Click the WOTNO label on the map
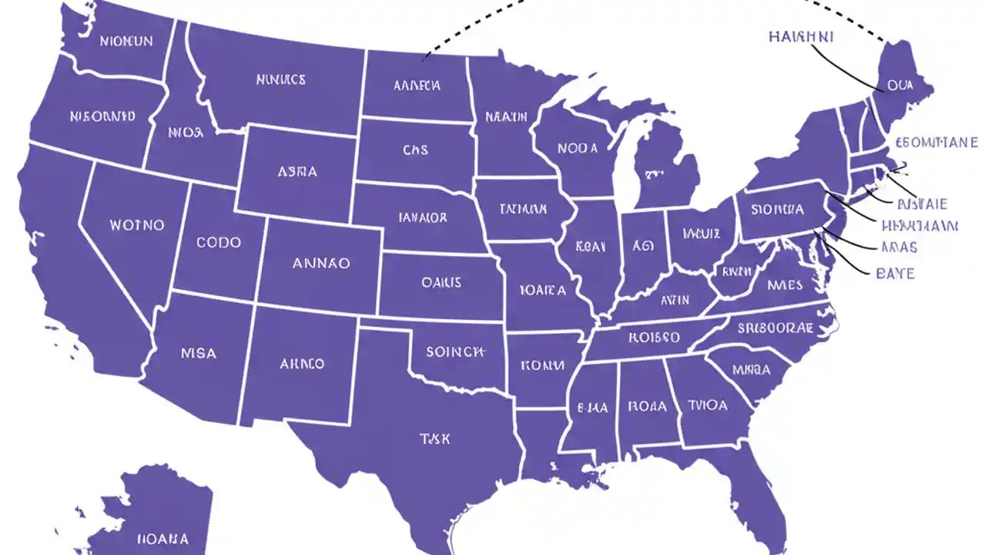pyautogui.click(x=137, y=225)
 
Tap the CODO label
pyautogui.click(x=219, y=242)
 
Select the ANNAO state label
pyautogui.click(x=321, y=263)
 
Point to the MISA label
pyautogui.click(x=199, y=354)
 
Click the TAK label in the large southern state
pyautogui.click(x=435, y=439)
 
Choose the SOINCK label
pyautogui.click(x=455, y=351)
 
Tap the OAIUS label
pyautogui.click(x=441, y=282)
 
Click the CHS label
pyautogui.click(x=415, y=150)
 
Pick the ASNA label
pyautogui.click(x=297, y=172)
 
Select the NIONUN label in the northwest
pyautogui.click(x=126, y=41)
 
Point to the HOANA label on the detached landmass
pyautogui.click(x=162, y=538)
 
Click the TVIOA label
pyautogui.click(x=707, y=405)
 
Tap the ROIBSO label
pyautogui.click(x=654, y=337)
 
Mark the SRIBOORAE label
pyautogui.click(x=775, y=327)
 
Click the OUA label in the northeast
pyautogui.click(x=900, y=86)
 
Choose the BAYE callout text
pyautogui.click(x=896, y=273)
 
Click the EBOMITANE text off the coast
pyautogui.click(x=937, y=143)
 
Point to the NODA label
pyautogui.click(x=578, y=147)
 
